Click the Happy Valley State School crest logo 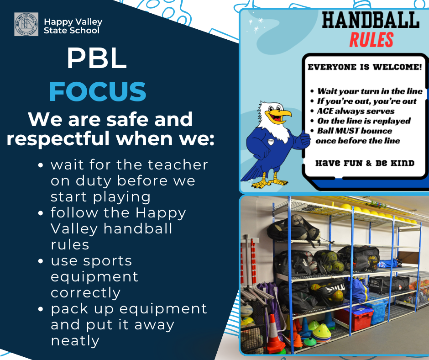(x=26, y=24)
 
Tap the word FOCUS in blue (x=98, y=91)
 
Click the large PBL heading (x=97, y=58)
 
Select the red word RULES (x=371, y=40)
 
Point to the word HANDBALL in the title (x=371, y=20)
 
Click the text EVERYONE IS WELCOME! (x=365, y=67)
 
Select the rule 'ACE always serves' (x=356, y=111)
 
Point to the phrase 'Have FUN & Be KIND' (x=365, y=163)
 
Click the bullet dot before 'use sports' (x=41, y=261)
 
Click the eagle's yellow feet (x=270, y=183)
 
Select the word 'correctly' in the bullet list (x=85, y=293)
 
